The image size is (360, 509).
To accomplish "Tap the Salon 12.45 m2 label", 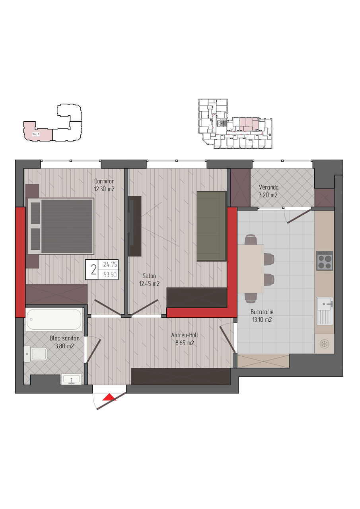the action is [x=149, y=280].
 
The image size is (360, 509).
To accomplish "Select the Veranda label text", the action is [x=269, y=187].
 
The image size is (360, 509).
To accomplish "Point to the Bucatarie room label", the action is [x=262, y=312].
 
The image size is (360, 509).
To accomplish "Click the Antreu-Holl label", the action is [x=185, y=335].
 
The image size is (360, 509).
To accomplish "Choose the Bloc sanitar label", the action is [x=64, y=338].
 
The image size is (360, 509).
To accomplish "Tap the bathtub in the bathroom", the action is [x=54, y=319].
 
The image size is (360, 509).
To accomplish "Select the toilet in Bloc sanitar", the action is [x=35, y=354].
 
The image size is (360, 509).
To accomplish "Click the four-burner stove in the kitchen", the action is [x=325, y=260].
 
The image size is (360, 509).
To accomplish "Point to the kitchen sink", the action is [x=325, y=311].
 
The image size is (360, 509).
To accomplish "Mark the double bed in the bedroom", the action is [x=61, y=226].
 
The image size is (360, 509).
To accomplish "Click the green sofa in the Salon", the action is [x=211, y=226].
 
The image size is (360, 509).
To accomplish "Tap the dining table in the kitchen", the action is [x=251, y=269].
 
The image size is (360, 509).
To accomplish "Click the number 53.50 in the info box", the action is [x=110, y=275].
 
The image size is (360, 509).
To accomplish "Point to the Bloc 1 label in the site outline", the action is [x=36, y=134].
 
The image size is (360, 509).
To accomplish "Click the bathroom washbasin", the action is [x=71, y=379].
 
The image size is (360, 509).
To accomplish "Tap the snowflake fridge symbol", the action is [x=324, y=344].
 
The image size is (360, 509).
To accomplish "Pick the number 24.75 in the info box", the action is [x=110, y=264].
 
